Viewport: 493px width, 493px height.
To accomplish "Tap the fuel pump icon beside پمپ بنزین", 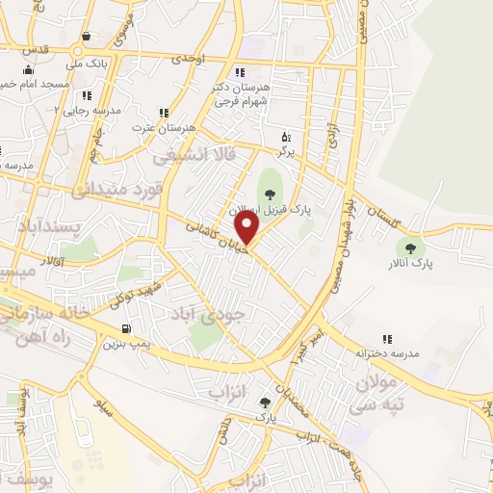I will coord(126,330).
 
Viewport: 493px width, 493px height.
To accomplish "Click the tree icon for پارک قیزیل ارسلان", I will coord(268,195).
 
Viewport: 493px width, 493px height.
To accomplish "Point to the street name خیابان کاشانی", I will coord(214,238).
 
